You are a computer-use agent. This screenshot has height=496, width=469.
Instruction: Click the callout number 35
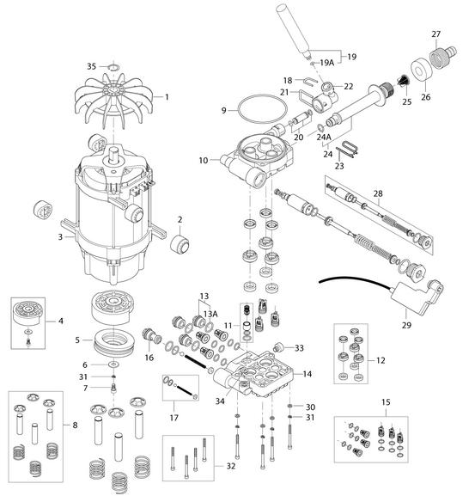pos(91,66)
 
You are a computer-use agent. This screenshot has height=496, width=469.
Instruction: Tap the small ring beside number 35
pos(113,67)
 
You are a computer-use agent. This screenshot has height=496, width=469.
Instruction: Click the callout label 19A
pos(326,63)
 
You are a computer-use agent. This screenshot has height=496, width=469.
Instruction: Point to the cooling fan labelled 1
pos(113,101)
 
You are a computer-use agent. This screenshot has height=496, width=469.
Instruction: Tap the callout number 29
pos(406,325)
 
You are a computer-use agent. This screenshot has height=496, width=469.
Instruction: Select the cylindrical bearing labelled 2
pos(180,243)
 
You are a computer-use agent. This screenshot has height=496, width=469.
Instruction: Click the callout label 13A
pos(210,314)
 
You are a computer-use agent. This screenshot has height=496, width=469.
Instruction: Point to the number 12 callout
pos(381,360)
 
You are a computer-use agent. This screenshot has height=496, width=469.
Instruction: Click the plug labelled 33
pos(278,346)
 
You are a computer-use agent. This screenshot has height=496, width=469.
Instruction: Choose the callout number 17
pos(174,418)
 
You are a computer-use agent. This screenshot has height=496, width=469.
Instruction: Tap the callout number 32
pos(231,466)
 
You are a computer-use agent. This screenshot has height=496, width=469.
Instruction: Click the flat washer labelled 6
pos(113,364)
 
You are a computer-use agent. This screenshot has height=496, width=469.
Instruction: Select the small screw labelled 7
pos(113,388)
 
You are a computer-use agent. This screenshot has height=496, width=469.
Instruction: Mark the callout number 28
pos(378,193)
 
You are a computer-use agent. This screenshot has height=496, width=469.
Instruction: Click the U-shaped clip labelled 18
pos(311,82)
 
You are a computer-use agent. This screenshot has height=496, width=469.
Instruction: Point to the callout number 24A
pos(324,137)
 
